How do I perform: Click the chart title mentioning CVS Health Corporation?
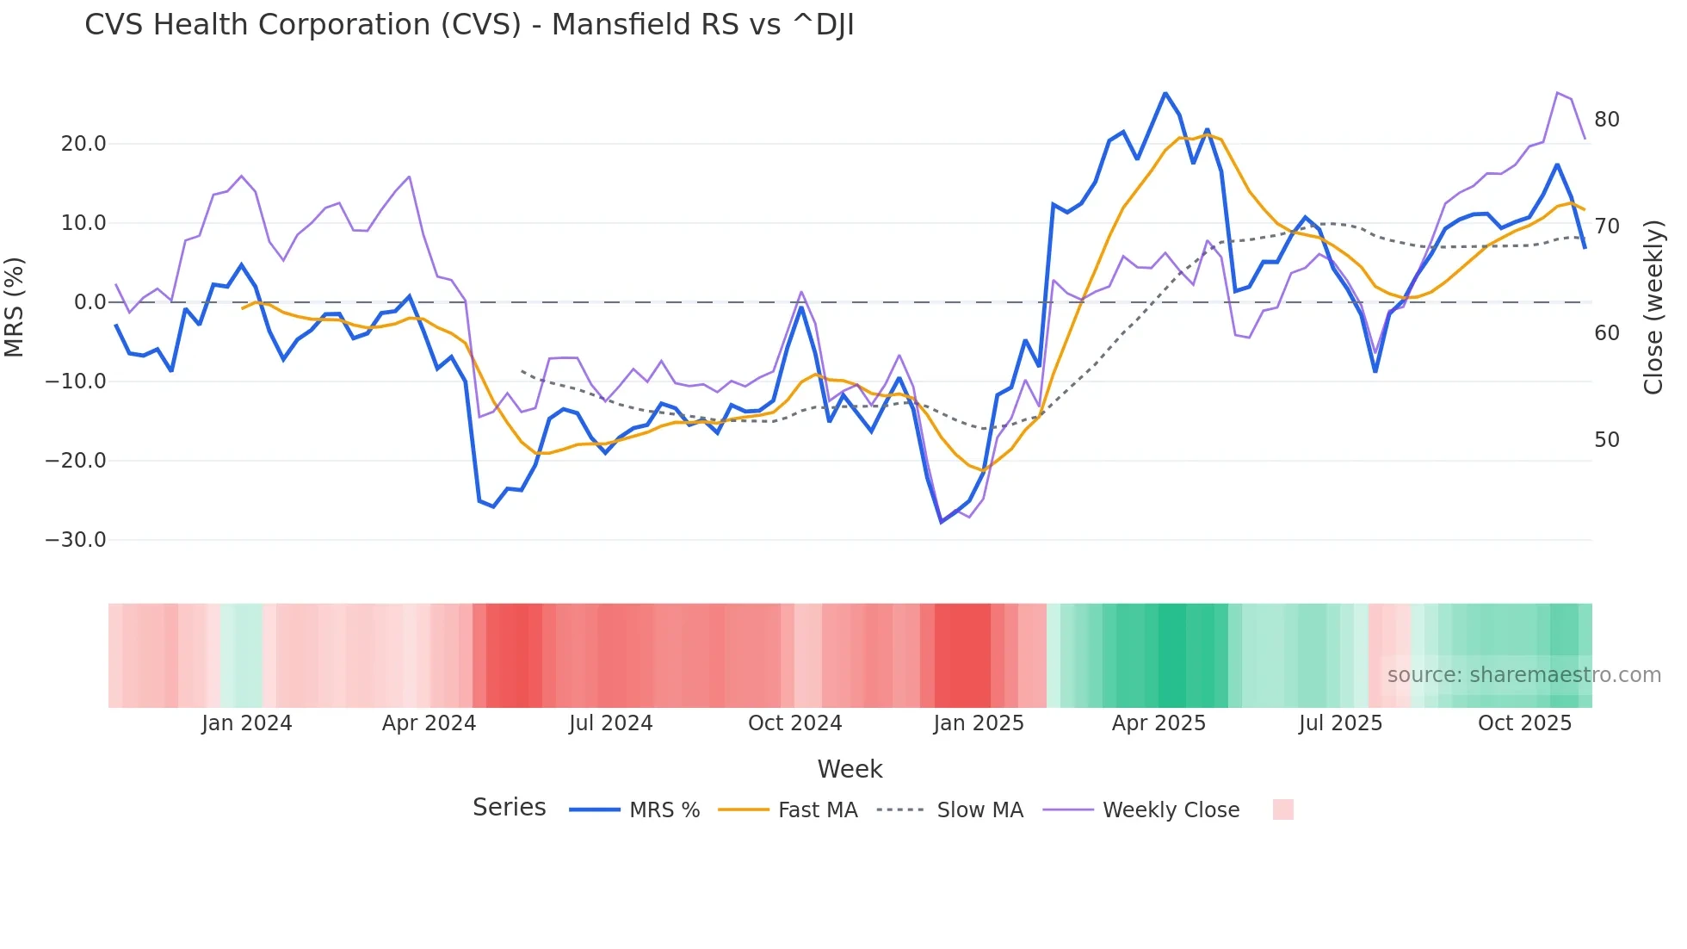point(469,25)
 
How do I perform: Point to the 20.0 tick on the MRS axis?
point(83,144)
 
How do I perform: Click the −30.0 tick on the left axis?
point(76,540)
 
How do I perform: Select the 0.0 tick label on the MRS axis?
point(90,302)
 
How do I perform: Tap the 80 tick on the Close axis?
point(1606,120)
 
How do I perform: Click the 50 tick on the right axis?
point(1606,440)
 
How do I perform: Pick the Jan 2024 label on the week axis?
point(247,723)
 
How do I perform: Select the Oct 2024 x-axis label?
point(794,723)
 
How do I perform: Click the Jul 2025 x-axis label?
point(1340,723)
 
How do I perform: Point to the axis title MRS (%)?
point(15,307)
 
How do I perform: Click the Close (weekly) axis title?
point(1653,307)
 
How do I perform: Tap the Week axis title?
point(850,769)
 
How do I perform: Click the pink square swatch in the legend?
point(1282,809)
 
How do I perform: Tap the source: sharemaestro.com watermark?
point(1523,675)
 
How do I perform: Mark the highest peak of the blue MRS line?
point(1165,93)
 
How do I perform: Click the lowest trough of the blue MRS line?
point(942,522)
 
